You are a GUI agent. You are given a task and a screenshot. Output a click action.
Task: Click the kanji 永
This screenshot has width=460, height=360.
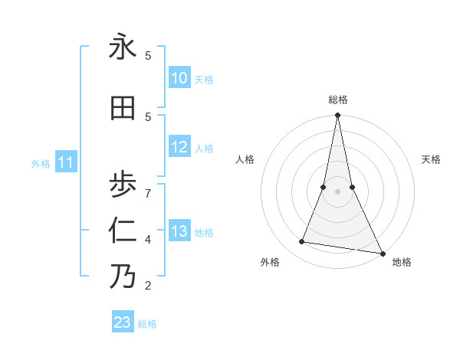point(123,47)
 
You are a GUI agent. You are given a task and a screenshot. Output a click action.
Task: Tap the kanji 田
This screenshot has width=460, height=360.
point(123,108)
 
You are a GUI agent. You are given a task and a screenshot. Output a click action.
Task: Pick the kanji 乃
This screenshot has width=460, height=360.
point(123,276)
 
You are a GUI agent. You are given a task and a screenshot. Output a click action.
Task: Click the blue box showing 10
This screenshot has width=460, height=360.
point(179,78)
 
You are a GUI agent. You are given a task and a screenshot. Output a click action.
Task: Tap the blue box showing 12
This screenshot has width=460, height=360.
point(179,147)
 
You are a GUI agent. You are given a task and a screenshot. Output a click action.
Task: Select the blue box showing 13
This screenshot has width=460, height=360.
point(179,231)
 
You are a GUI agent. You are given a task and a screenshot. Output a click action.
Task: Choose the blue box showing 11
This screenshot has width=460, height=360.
point(66,162)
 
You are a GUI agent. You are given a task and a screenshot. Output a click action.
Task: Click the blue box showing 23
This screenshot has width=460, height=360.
point(123,322)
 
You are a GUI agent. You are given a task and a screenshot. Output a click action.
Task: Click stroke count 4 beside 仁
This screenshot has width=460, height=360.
point(148,240)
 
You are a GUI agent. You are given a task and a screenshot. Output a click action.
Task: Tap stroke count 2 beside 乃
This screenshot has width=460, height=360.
point(148,286)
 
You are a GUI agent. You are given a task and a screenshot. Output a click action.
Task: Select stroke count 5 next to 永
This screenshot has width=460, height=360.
point(148,55)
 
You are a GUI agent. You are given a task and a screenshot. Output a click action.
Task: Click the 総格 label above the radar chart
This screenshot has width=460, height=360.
point(337,100)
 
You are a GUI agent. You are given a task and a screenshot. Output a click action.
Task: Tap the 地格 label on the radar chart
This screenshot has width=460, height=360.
point(402,262)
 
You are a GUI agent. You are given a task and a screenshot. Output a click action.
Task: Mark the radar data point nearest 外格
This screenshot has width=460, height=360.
point(302,242)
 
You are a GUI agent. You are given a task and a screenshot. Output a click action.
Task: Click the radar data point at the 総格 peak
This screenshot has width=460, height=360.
point(337,116)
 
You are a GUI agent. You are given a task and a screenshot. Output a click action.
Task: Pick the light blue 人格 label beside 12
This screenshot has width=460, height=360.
point(204,149)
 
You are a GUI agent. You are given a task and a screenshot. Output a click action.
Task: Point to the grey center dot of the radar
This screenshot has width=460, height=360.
point(337,191)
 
